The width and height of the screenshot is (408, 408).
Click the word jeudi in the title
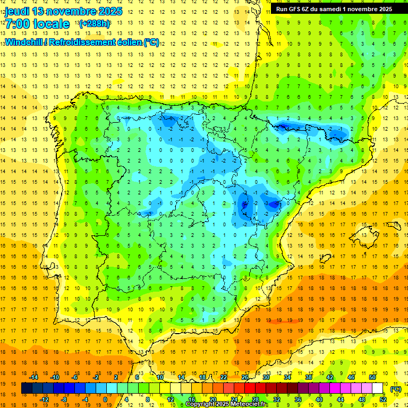point(17,11)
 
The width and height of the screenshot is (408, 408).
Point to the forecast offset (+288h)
point(95,24)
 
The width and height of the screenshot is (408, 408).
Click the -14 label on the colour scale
point(33,377)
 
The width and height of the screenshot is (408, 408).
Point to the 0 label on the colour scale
point(105,399)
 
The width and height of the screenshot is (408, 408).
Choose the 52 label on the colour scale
point(384,399)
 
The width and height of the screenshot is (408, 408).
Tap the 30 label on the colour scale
point(266,377)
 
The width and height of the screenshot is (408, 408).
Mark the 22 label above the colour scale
point(224,377)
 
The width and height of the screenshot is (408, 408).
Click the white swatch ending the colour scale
point(378,388)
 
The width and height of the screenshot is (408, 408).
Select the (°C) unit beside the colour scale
point(395,389)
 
